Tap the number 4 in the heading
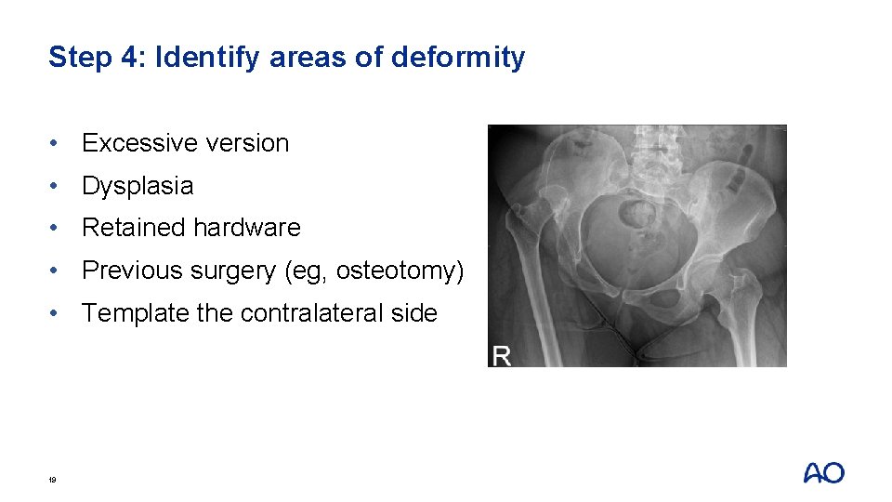coord(129,58)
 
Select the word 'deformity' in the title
coord(458,58)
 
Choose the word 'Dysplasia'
coord(138,186)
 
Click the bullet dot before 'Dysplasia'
coord(58,186)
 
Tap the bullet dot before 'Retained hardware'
coord(58,228)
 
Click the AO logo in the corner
coord(823,473)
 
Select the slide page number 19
coord(53,480)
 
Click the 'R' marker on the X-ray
coord(501,356)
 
